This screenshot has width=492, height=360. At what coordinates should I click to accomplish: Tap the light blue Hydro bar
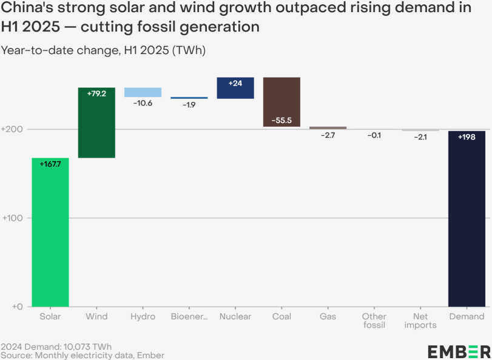click(143, 92)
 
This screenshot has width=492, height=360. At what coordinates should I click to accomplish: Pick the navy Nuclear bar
click(235, 88)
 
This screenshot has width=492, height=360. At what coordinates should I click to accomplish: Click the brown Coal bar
click(281, 102)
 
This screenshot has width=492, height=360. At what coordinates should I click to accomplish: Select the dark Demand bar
click(467, 219)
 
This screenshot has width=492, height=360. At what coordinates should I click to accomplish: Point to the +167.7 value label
click(50, 164)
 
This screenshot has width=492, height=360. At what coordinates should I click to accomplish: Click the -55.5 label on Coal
click(281, 121)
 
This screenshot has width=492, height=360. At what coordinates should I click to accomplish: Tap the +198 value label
click(467, 137)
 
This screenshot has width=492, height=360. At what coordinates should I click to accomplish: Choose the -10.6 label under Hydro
click(143, 103)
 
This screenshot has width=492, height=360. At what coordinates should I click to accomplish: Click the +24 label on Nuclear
click(235, 83)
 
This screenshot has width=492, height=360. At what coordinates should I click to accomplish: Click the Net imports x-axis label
click(420, 321)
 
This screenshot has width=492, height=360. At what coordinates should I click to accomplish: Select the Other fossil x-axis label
click(374, 321)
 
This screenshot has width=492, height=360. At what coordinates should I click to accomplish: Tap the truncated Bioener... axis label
click(189, 316)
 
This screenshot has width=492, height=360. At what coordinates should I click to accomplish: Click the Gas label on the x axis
click(328, 316)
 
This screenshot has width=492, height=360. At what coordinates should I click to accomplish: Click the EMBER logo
click(459, 352)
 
